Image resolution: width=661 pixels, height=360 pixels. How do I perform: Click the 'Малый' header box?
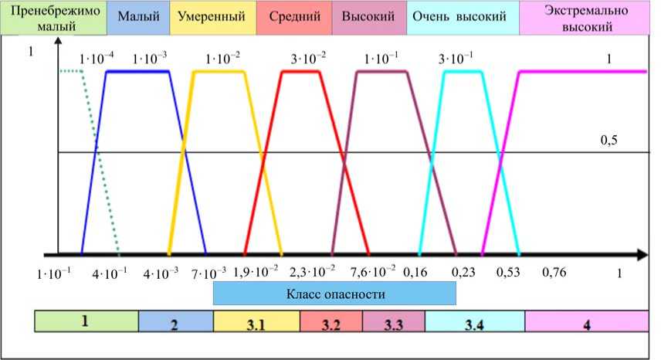coord(138,16)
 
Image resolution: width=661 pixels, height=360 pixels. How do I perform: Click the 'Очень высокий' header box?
coord(463,16)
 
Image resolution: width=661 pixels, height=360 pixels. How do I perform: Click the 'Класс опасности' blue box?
coord(334,294)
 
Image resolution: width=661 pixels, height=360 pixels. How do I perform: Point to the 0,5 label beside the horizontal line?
coord(612,141)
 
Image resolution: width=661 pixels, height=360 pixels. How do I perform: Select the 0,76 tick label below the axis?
coord(556,271)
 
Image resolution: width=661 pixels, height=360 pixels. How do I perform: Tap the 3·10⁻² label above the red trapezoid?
coord(309,59)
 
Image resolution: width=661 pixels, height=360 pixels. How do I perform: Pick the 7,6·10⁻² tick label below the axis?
coord(372,271)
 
